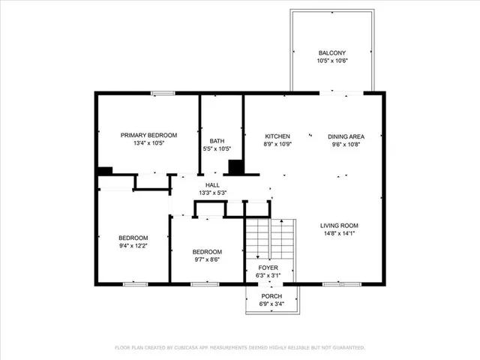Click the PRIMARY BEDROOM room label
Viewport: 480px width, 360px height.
point(149,135)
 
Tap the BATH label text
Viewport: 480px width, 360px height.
point(217,140)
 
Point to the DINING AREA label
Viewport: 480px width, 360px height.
point(346,136)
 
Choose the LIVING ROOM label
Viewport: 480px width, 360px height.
point(339,226)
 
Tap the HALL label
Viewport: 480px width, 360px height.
point(212,184)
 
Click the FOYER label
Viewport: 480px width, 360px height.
point(268,268)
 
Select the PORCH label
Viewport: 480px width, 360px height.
point(271,296)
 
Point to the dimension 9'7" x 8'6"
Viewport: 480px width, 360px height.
point(207,259)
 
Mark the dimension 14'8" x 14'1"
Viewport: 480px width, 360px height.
point(339,233)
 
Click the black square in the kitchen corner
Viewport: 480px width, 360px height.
point(236,167)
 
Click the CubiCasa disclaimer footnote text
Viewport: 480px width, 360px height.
point(240,348)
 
